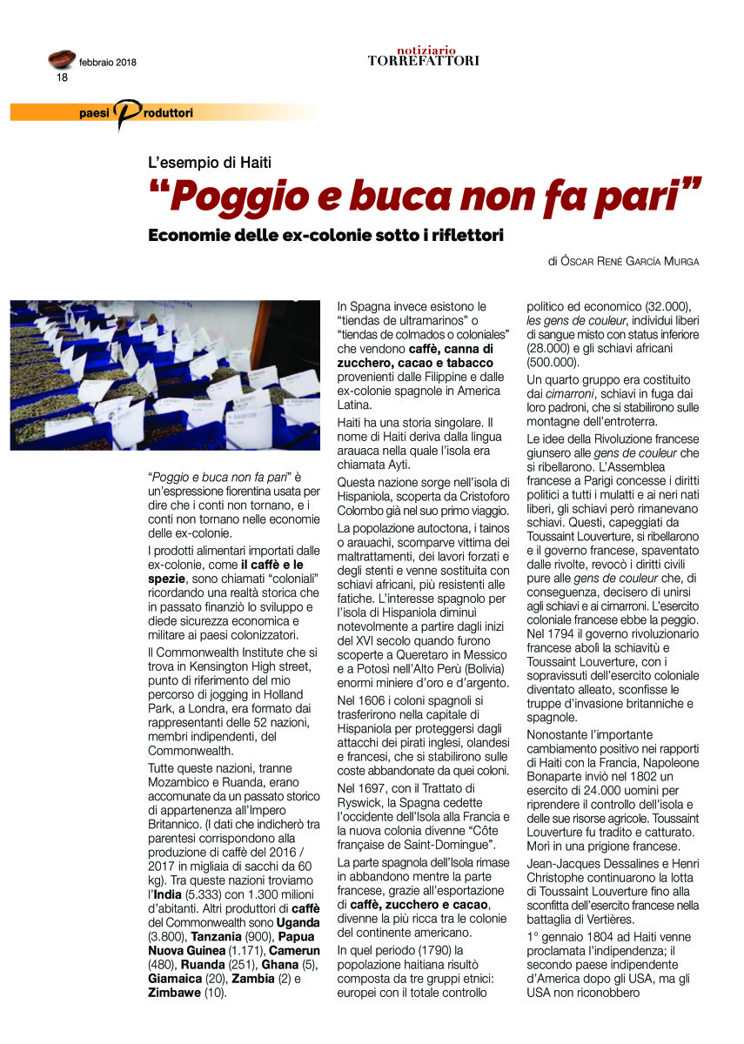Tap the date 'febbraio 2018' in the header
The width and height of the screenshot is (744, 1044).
pos(107,63)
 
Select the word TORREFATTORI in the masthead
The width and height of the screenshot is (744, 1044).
pos(423,61)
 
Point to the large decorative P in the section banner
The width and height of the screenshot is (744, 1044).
pos(128,114)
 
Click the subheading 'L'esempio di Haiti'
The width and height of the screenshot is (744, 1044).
pos(210,162)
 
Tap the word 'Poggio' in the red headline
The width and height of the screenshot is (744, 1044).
pos(226,197)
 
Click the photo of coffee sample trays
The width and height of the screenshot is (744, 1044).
pos(165,375)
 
